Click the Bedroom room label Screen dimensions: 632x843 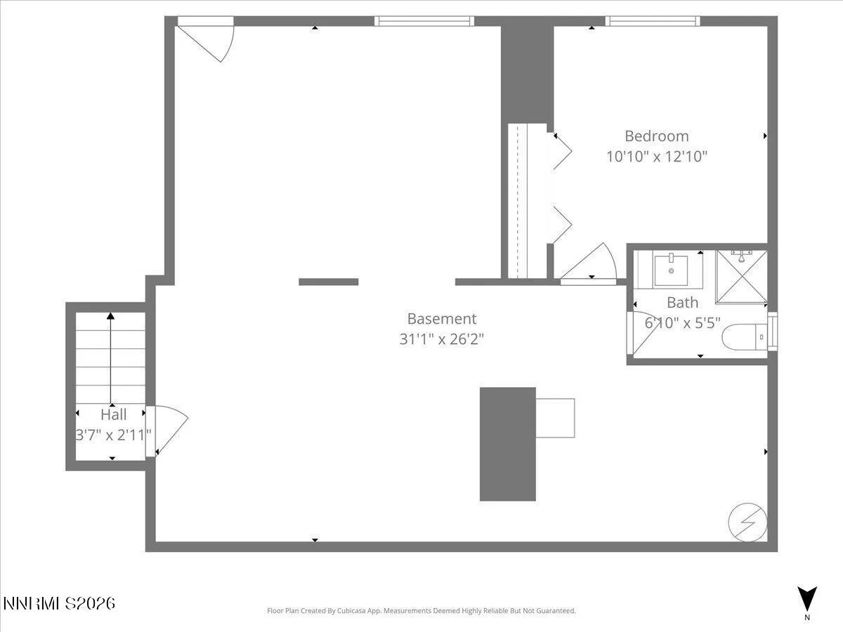[x=657, y=136]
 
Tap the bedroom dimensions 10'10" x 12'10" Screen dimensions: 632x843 [x=657, y=156]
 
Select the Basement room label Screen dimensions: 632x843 [x=442, y=319]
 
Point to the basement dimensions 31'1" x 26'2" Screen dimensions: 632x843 [x=442, y=339]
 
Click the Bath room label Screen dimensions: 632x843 [x=682, y=303]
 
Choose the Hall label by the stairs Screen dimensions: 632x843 [x=113, y=414]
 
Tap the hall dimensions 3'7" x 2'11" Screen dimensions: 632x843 [x=114, y=435]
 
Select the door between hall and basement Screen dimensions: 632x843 [x=169, y=430]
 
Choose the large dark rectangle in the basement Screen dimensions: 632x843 [x=507, y=444]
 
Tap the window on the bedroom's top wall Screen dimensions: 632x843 [x=653, y=21]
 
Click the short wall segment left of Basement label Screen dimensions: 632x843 [x=328, y=282]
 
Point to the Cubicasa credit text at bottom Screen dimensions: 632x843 [x=421, y=611]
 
